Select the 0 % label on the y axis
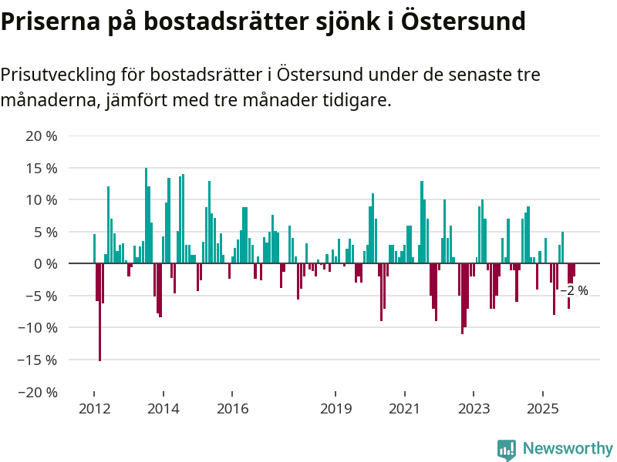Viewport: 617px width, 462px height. tap(46, 264)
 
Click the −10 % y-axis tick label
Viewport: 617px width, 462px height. tap(39, 328)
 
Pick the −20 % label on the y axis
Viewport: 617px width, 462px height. tap(39, 392)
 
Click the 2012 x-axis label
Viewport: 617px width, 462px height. tap(93, 408)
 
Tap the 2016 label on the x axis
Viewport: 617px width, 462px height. tap(233, 408)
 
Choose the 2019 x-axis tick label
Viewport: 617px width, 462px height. tap(337, 408)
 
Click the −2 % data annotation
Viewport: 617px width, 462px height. tap(574, 291)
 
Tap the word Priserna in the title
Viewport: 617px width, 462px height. tap(45, 22)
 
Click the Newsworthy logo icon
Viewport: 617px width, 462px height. tap(507, 449)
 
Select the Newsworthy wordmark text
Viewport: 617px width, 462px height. tap(568, 448)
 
